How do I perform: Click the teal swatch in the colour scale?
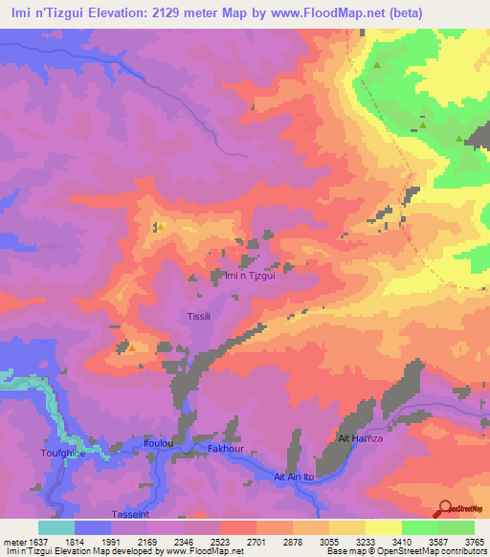tap(56, 527)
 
